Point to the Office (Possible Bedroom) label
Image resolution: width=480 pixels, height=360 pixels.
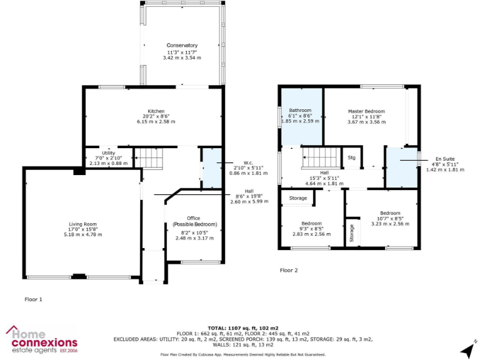point(194,221)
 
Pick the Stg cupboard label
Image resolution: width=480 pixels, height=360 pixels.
point(352,158)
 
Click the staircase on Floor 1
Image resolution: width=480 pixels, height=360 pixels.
point(150,157)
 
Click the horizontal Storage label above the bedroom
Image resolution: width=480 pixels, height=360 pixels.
point(298,198)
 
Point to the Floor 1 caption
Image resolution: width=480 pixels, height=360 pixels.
point(33,299)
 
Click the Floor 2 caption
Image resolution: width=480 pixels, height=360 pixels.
point(288,271)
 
